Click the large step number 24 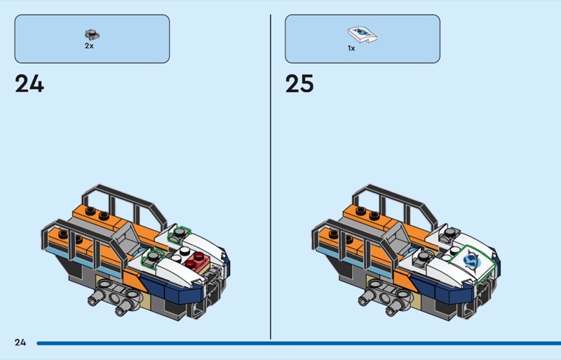pyautogui.click(x=29, y=84)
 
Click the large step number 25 pyautogui.click(x=299, y=84)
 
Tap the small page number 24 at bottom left pyautogui.click(x=20, y=342)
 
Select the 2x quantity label pyautogui.click(x=89, y=46)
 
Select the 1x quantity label pyautogui.click(x=351, y=48)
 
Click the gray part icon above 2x pyautogui.click(x=92, y=35)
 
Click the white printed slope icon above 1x pyautogui.click(x=363, y=35)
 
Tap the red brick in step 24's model pyautogui.click(x=195, y=260)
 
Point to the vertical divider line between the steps pyautogui.click(x=271, y=177)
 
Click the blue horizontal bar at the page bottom pyautogui.click(x=299, y=343)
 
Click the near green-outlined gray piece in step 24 pyautogui.click(x=153, y=258)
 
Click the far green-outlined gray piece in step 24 pyautogui.click(x=179, y=234)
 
